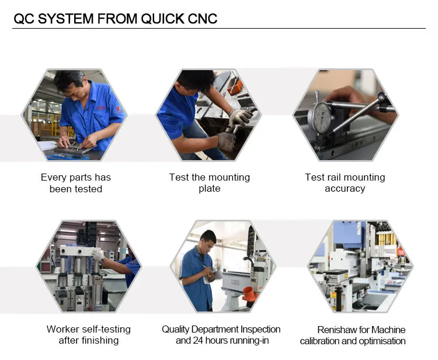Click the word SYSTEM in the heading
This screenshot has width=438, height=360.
click(66, 19)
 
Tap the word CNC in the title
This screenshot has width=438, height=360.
click(203, 19)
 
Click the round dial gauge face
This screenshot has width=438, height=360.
click(322, 117)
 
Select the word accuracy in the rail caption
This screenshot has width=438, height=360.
click(345, 189)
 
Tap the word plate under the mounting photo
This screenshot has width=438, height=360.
click(210, 189)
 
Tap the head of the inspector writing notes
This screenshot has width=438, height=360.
click(208, 240)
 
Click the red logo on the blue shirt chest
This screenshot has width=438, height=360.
click(100, 108)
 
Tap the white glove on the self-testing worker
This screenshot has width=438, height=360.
click(98, 256)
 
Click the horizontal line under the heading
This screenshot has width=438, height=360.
click(219, 28)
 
